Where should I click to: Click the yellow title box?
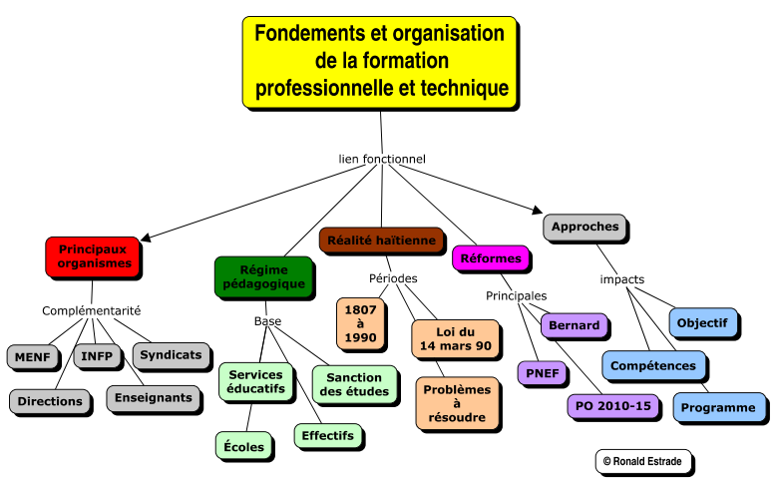point(380,62)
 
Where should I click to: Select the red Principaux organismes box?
point(93,256)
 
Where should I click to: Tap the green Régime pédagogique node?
point(264,277)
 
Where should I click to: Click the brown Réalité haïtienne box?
point(381,240)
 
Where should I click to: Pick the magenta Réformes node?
point(491,258)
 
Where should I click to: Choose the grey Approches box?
point(584,227)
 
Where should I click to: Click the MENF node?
point(33,357)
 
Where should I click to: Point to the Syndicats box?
point(172,355)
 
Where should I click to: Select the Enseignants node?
point(154,398)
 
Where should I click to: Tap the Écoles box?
point(243,445)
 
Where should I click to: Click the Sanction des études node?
point(354,385)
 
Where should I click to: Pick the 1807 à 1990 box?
point(360,323)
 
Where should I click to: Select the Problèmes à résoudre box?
point(457,403)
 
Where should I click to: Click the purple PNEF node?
point(542,373)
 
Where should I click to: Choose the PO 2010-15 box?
point(613,406)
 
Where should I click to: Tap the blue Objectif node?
point(702,322)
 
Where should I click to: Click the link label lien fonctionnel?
point(382,159)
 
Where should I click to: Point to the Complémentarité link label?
point(92,310)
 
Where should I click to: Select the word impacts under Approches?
point(622,279)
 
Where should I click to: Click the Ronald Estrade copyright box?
point(643,462)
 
